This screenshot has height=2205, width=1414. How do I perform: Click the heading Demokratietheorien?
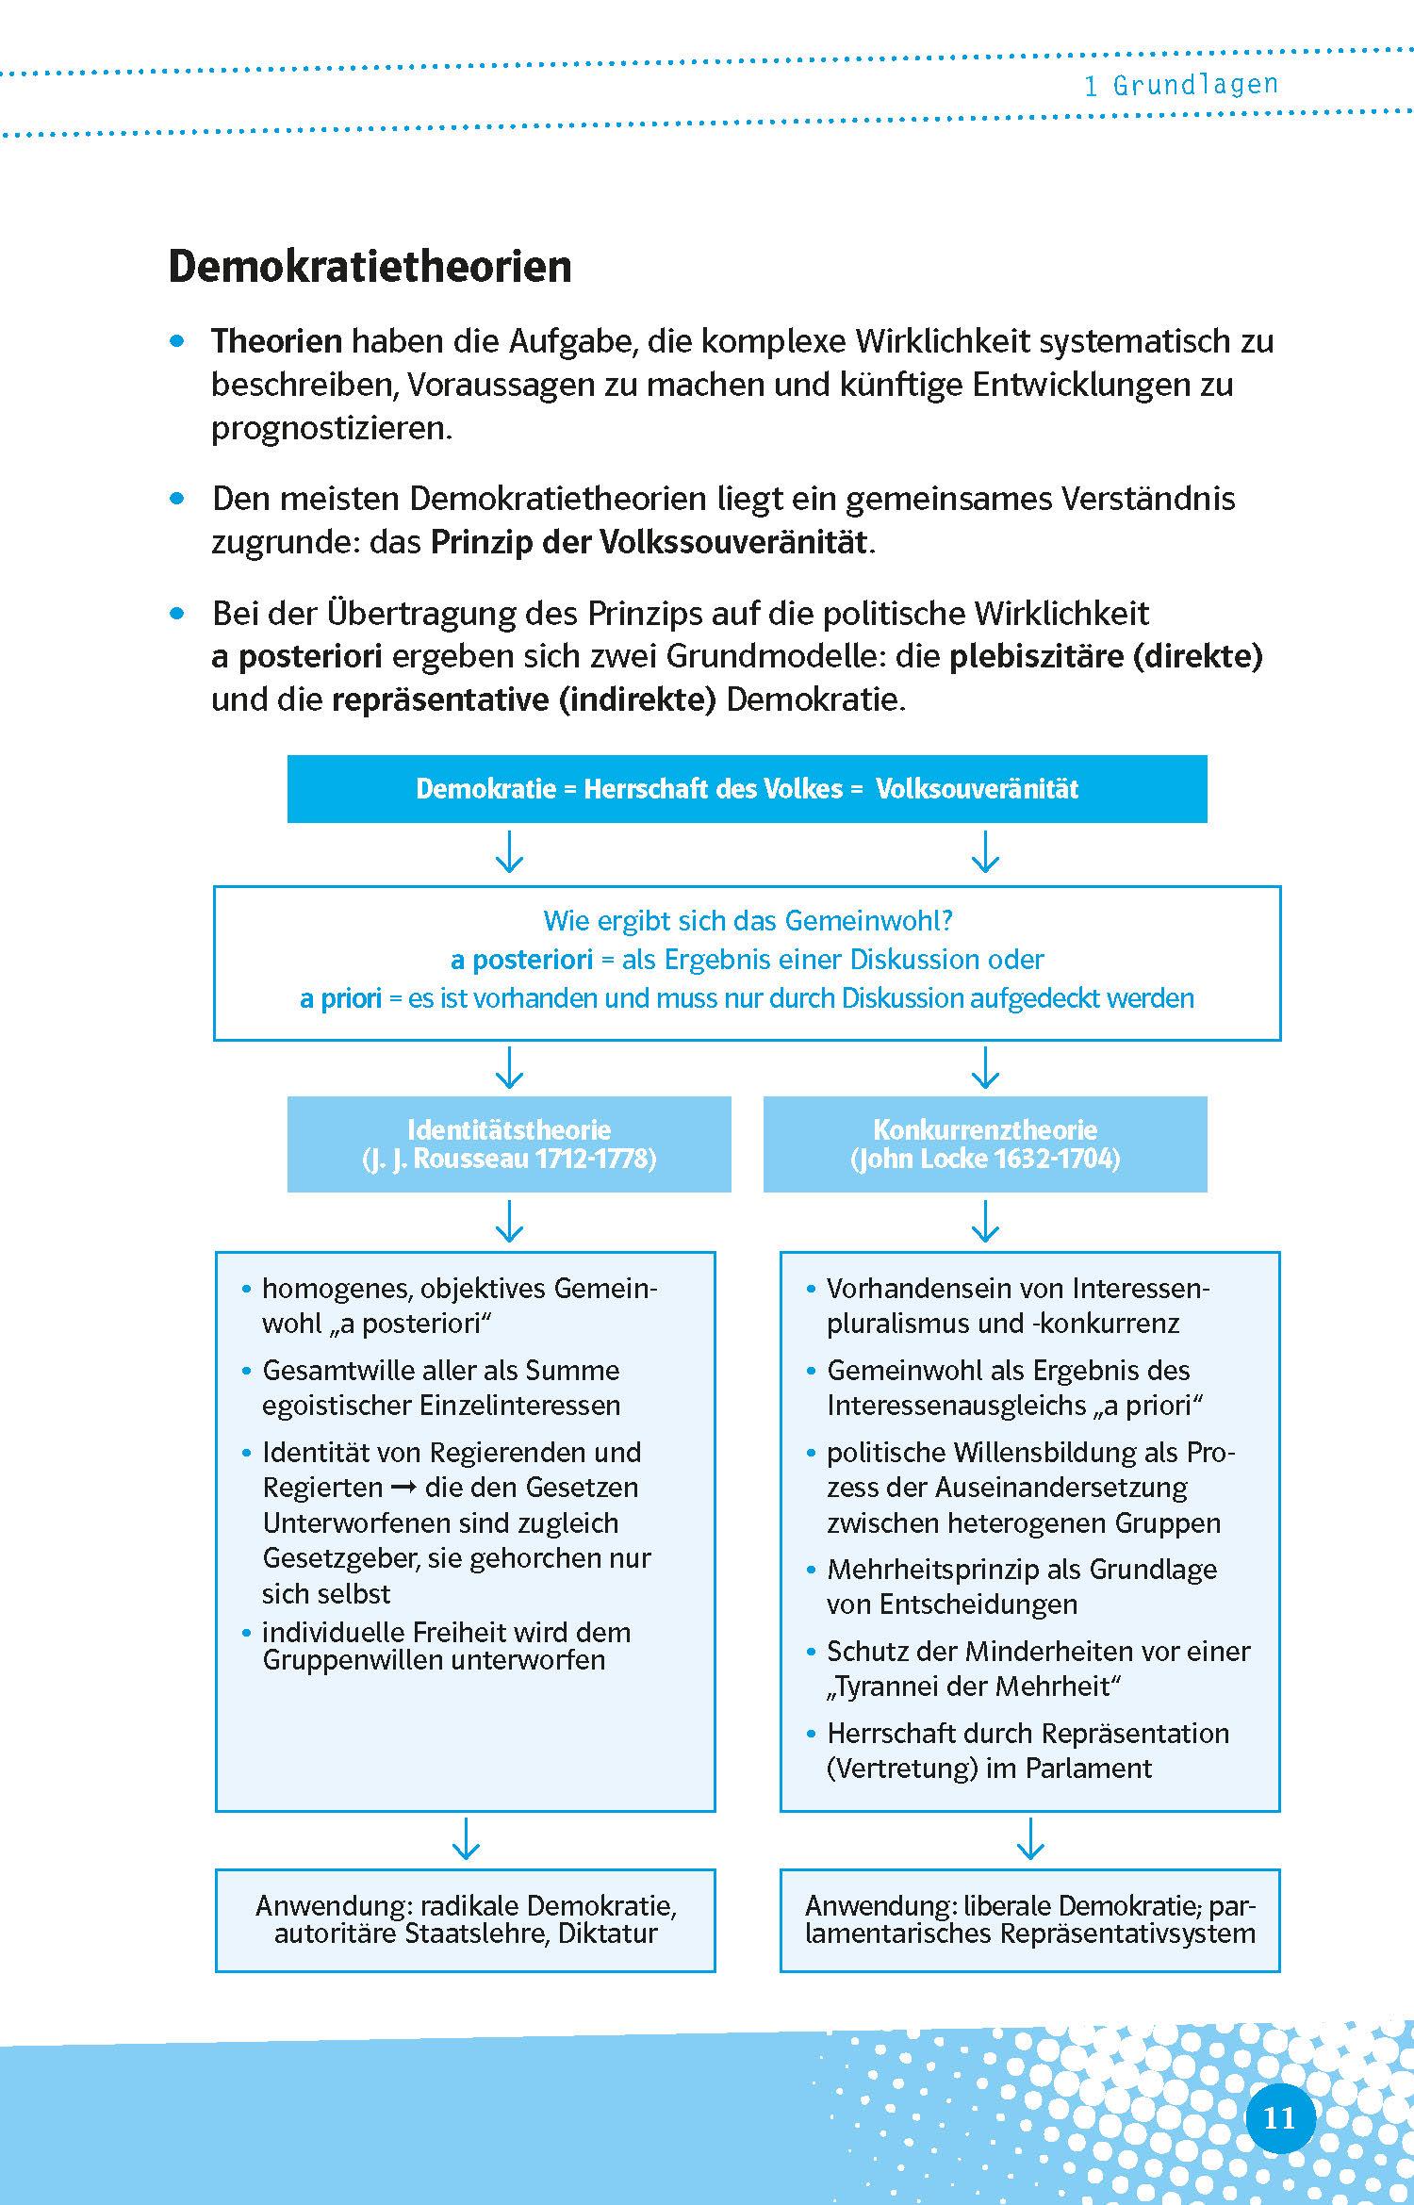[x=370, y=267]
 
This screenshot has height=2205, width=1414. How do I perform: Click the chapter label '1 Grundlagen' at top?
[x=1180, y=86]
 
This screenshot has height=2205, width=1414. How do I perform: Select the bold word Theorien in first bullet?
[x=276, y=341]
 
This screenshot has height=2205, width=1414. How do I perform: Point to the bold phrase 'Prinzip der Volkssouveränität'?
[x=649, y=543]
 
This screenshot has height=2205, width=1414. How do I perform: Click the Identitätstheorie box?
[x=509, y=1144]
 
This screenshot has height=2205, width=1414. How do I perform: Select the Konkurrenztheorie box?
[x=985, y=1144]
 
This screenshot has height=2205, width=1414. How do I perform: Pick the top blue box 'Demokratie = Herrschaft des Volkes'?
[x=747, y=789]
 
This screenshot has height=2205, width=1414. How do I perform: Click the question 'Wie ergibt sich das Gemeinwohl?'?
[x=748, y=920]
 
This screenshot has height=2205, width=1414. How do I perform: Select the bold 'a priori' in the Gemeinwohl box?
[x=340, y=998]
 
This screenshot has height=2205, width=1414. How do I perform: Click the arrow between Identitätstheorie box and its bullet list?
[x=509, y=1221]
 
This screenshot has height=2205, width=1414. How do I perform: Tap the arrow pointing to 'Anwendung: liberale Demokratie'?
[x=1030, y=1839]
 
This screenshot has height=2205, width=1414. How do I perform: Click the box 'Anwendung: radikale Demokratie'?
[x=466, y=1919]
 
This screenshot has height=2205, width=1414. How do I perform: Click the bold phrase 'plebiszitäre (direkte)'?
[x=1105, y=657]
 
